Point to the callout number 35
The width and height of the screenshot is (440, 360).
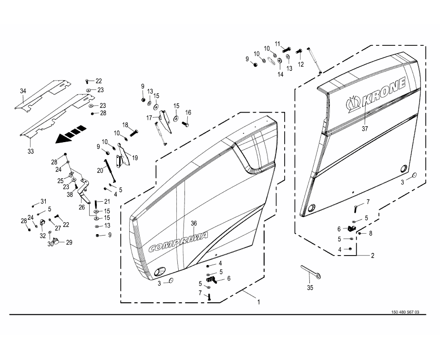310,288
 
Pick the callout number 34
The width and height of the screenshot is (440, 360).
23,91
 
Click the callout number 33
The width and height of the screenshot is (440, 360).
31,152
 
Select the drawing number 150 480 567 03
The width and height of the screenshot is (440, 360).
405,312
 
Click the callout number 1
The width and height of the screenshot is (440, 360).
259,302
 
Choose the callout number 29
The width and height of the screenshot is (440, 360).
69,243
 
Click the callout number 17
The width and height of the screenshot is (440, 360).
149,117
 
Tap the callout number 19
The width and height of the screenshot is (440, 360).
135,158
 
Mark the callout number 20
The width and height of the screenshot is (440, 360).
101,170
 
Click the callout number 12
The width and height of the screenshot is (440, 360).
301,64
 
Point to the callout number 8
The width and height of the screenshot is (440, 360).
370,233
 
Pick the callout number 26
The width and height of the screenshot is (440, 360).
82,207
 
